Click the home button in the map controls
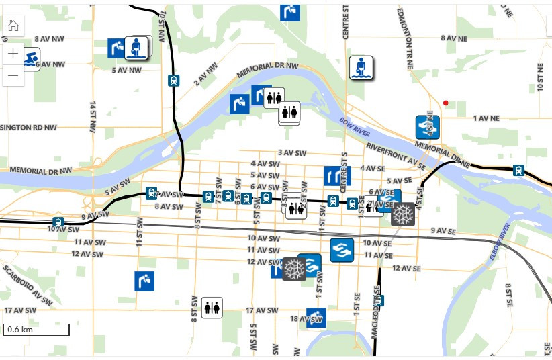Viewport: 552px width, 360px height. coord(13,26)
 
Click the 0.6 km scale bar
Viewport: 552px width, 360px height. coord(36,330)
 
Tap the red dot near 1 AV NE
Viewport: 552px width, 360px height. coord(445,103)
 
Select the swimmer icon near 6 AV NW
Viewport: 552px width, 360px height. coord(30,59)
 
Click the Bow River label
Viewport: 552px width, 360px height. coord(349,127)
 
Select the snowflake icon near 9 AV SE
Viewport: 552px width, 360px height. coord(403,214)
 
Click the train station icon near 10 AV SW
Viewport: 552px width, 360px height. coord(58,222)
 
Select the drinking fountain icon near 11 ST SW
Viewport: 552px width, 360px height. coord(144,281)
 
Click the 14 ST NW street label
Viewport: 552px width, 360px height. coord(92,119)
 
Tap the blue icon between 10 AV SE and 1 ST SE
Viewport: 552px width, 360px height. coord(342,250)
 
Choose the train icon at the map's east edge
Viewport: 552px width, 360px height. coord(518,170)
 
